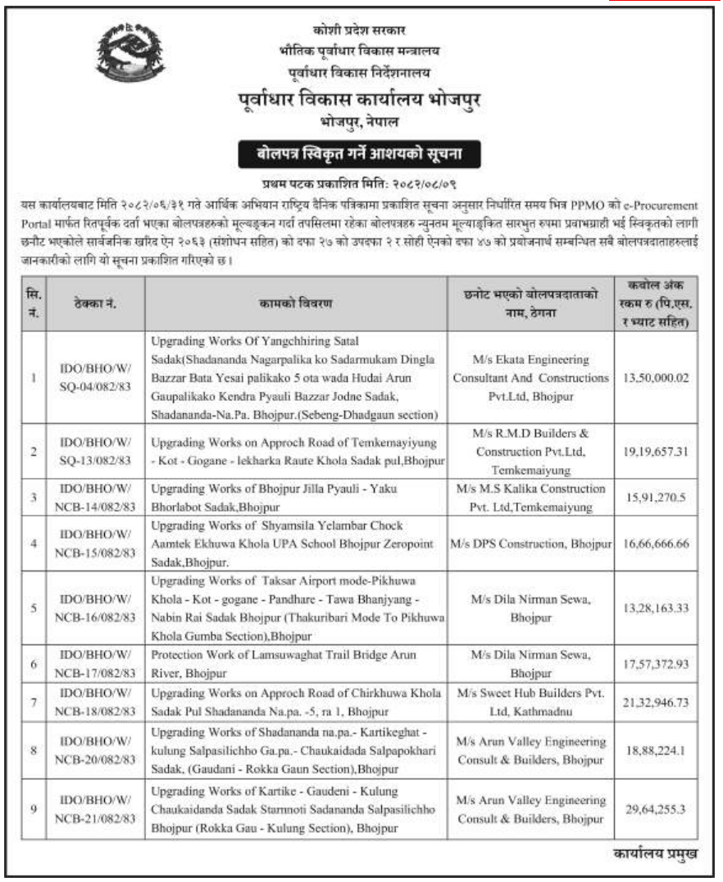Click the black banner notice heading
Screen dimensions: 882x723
(x=361, y=153)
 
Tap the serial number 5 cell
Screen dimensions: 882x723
(x=34, y=608)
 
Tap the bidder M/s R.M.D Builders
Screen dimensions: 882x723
(x=531, y=451)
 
